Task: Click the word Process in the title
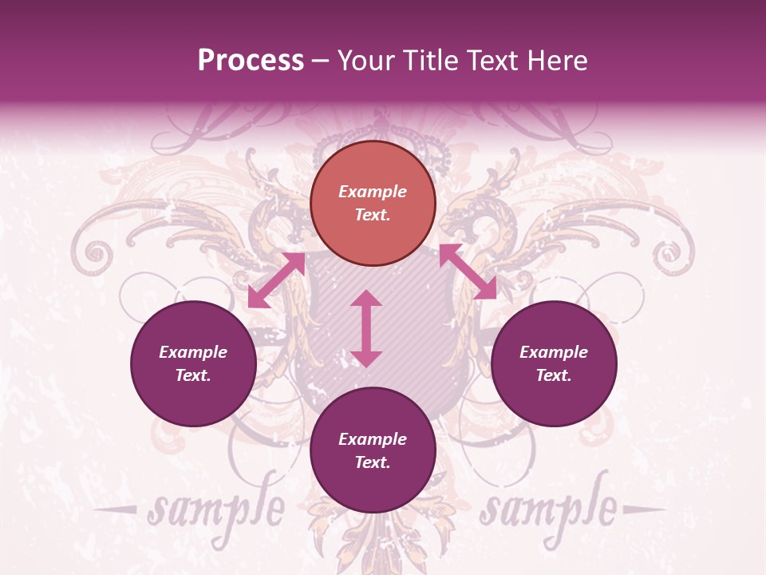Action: pyautogui.click(x=251, y=61)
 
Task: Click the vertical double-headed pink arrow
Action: pyautogui.click(x=366, y=328)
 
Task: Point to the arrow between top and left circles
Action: pyautogui.click(x=276, y=280)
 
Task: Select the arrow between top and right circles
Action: pyautogui.click(x=468, y=272)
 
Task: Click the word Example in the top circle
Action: pyautogui.click(x=373, y=192)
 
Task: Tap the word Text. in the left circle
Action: pyautogui.click(x=193, y=375)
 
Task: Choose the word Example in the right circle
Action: pyautogui.click(x=554, y=352)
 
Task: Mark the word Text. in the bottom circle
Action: pyautogui.click(x=373, y=462)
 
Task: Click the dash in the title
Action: pyautogui.click(x=321, y=61)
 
